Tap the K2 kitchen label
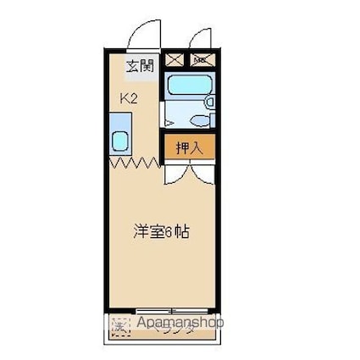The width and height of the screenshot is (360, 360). pos(130,98)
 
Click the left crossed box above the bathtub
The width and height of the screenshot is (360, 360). pos(174,59)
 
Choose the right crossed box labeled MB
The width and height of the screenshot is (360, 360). pos(202,59)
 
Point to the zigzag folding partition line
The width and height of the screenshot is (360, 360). pos(133,160)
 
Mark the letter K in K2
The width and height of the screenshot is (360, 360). pos(125,98)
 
